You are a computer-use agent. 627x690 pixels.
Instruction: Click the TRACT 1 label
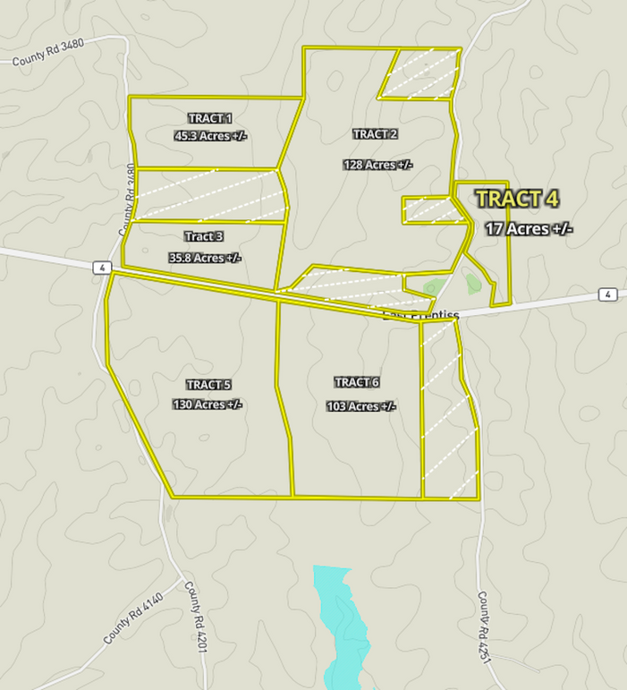click(x=210, y=118)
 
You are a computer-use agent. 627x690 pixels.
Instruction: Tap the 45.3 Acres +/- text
click(x=210, y=136)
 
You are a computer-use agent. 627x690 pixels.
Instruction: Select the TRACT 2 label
click(x=376, y=134)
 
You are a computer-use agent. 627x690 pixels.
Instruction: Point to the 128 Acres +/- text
click(x=377, y=165)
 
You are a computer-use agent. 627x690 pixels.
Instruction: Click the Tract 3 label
click(x=204, y=236)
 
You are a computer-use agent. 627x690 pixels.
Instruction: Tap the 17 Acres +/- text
click(x=529, y=229)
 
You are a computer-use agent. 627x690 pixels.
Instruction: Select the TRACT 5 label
click(x=208, y=385)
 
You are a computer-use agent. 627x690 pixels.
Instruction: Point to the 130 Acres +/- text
click(x=208, y=405)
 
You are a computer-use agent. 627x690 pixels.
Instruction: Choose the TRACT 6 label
click(x=357, y=383)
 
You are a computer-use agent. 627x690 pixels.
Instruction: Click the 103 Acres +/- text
click(x=361, y=406)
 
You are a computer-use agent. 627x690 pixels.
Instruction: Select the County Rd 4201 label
click(x=196, y=617)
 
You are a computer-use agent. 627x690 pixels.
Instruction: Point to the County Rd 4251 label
click(x=487, y=626)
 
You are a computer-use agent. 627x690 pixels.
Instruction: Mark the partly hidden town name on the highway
click(x=420, y=314)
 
